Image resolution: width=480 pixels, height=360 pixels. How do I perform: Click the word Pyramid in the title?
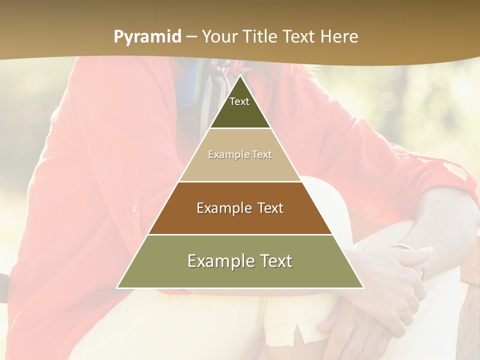pyautogui.click(x=147, y=37)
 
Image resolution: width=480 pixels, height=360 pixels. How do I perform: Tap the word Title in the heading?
pyautogui.click(x=260, y=37)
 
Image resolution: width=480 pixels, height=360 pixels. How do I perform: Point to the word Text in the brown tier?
pyautogui.click(x=271, y=208)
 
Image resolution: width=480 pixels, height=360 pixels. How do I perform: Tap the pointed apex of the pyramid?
pyautogui.click(x=240, y=76)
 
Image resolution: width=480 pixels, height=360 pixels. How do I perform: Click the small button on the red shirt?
pyautogui.click(x=134, y=208)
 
